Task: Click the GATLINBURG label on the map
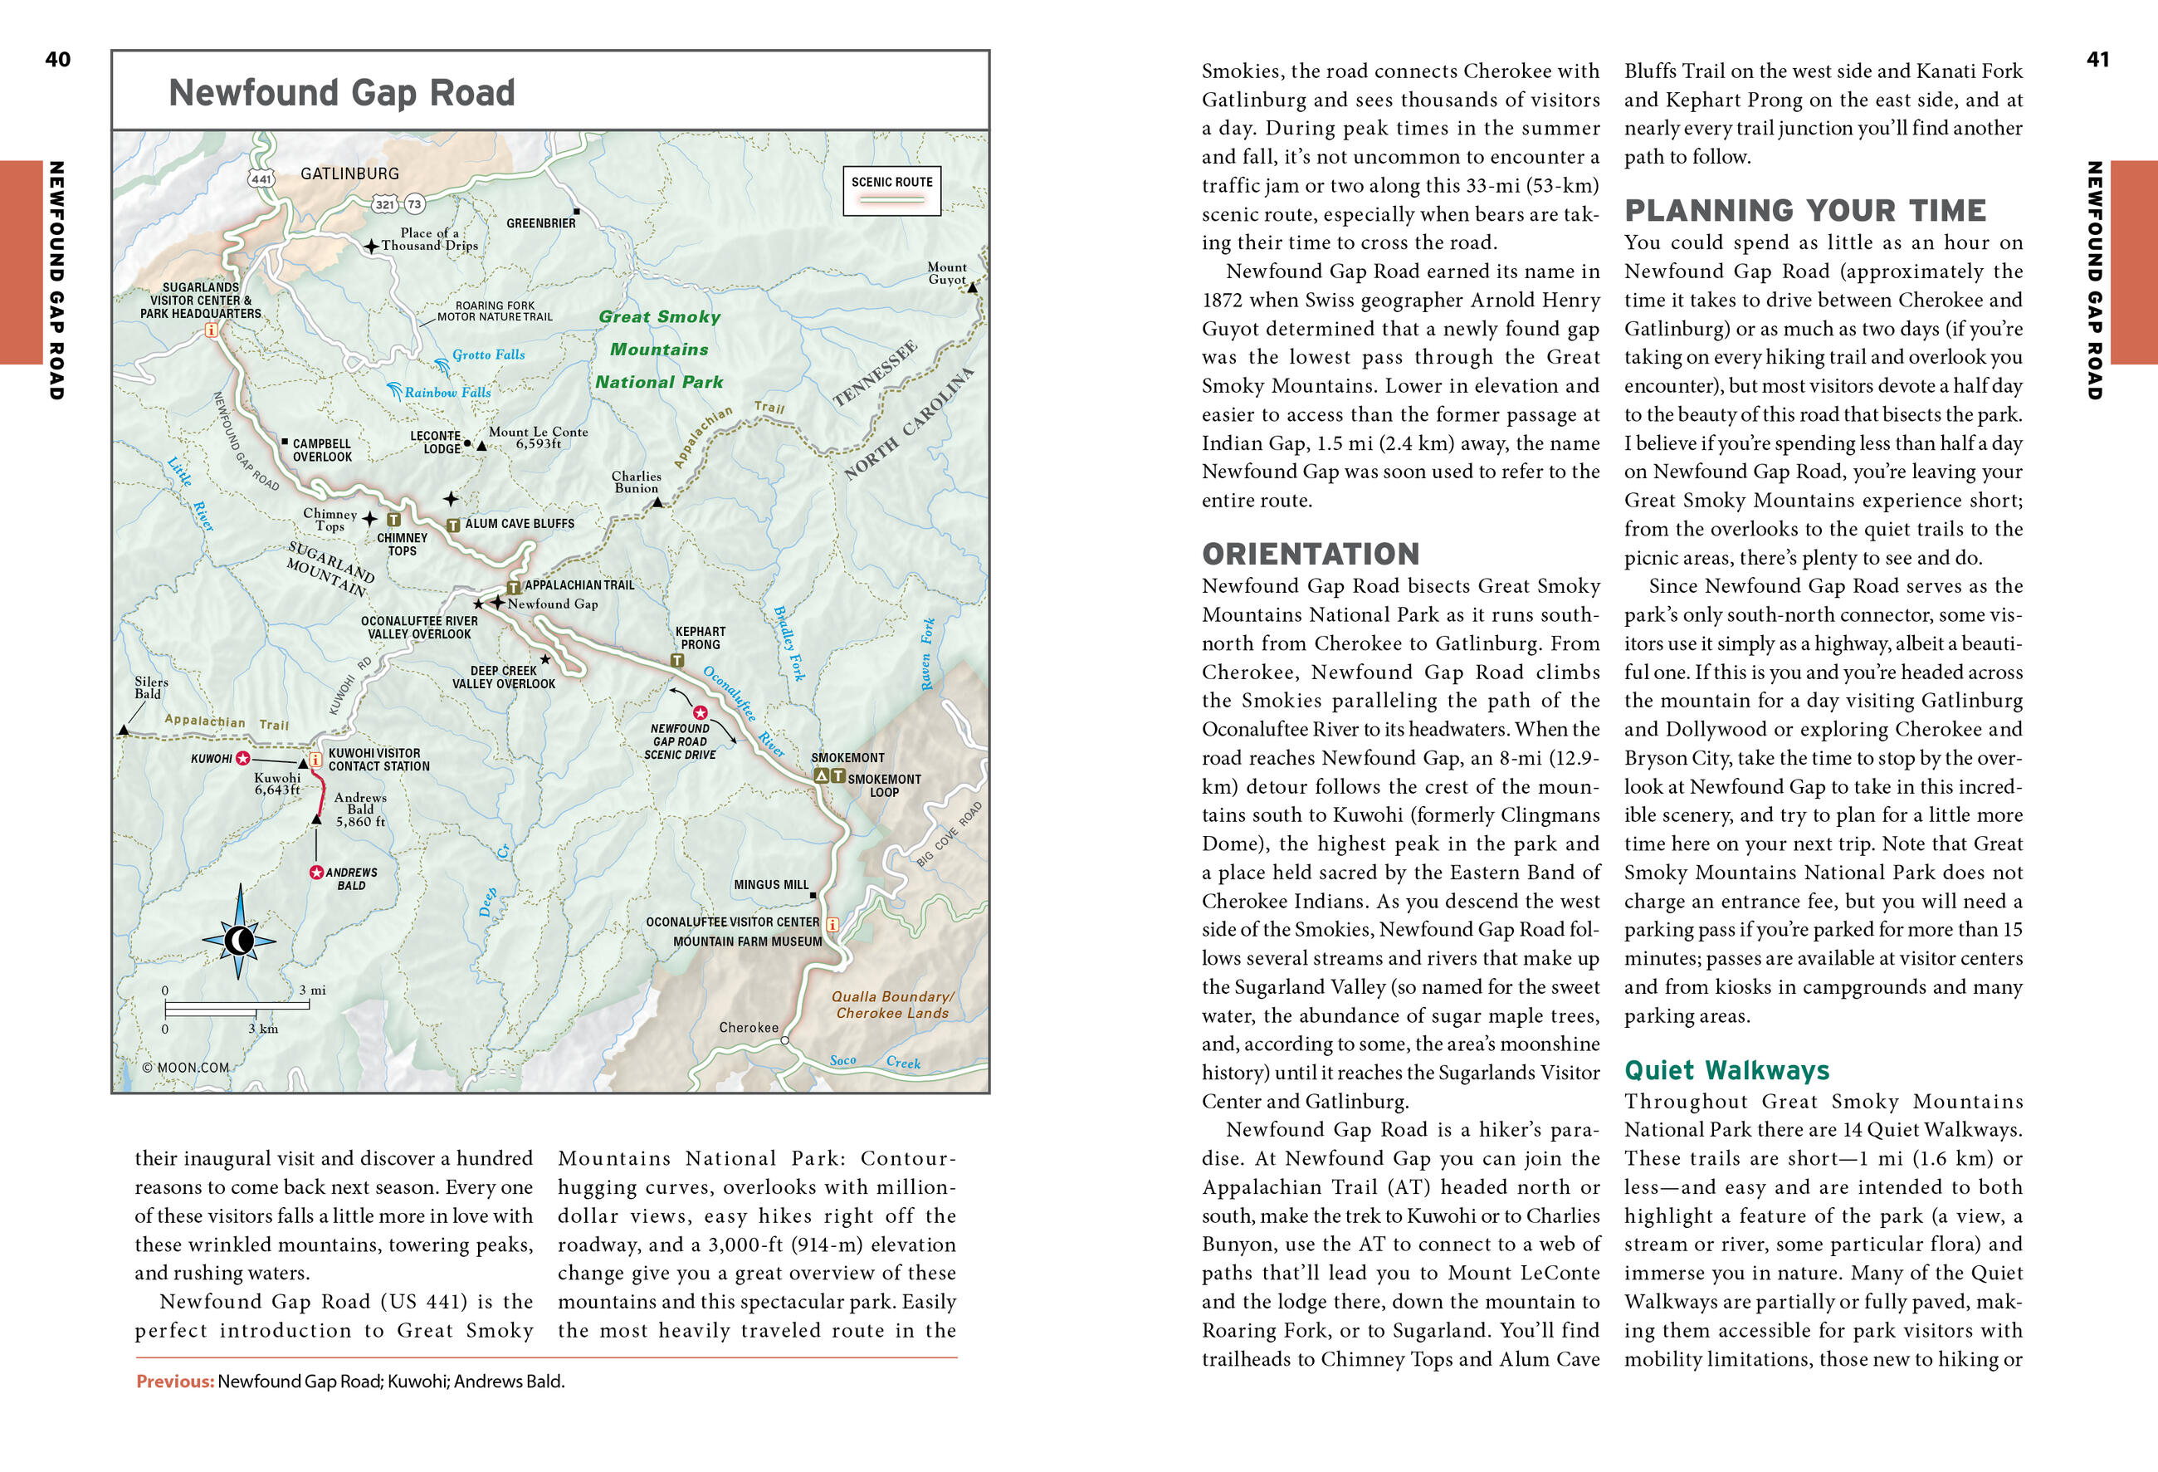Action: coord(349,174)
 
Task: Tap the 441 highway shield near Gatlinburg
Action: coord(261,179)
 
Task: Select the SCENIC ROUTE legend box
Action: coord(891,190)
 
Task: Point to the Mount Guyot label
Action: coord(946,273)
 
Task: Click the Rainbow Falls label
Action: coord(447,393)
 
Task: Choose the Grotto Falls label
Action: coord(487,355)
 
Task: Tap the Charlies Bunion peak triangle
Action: coord(657,502)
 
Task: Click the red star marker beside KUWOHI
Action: coord(243,758)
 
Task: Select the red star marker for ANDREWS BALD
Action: coord(315,872)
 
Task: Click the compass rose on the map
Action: coord(240,940)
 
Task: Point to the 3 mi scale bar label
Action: coord(312,990)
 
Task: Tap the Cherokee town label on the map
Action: coord(749,1027)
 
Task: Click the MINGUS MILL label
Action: coord(771,885)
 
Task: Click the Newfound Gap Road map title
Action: coord(342,93)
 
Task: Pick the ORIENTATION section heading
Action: coord(1311,554)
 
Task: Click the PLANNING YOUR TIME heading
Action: coord(1804,211)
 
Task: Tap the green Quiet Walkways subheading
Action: coord(1726,1070)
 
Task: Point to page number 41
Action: coord(2097,60)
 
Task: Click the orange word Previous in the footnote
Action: coord(174,1381)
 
